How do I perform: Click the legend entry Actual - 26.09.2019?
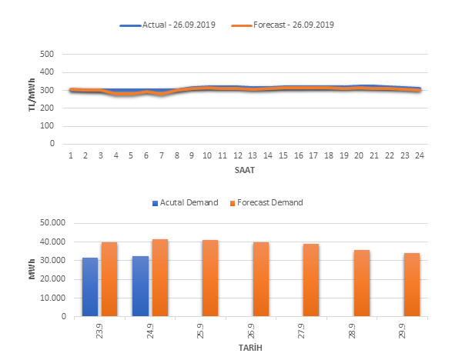click(177, 25)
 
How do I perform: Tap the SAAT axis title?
click(246, 167)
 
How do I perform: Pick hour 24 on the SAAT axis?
click(418, 155)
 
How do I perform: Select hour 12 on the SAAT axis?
click(238, 155)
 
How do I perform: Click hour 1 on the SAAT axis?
click(71, 155)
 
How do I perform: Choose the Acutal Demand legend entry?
click(184, 203)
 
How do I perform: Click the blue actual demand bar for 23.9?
click(91, 287)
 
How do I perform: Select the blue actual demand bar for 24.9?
click(141, 286)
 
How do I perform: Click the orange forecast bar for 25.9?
click(210, 278)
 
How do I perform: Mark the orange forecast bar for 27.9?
click(311, 280)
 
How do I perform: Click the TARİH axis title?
click(246, 348)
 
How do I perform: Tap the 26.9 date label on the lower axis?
click(261, 329)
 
